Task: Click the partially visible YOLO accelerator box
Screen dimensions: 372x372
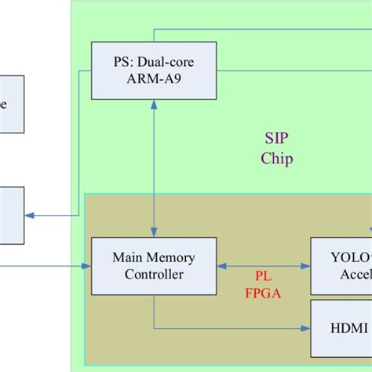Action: click(341, 266)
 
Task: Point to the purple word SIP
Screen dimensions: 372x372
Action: click(276, 140)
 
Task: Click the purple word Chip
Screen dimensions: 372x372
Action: click(277, 159)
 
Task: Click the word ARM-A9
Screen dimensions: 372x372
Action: click(153, 79)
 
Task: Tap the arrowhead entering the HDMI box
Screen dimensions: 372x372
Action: click(306, 326)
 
